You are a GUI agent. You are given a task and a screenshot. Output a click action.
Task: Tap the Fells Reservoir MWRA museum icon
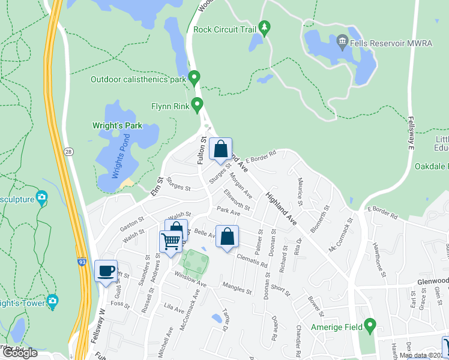(x=342, y=41)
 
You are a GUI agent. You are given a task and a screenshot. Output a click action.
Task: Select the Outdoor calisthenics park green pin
(x=194, y=78)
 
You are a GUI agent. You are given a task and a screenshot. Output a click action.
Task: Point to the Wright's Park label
(x=117, y=126)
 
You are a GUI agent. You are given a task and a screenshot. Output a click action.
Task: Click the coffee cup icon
(x=106, y=271)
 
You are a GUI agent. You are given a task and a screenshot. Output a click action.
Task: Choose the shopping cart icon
(x=171, y=241)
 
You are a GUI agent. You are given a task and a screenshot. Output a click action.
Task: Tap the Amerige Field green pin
(x=370, y=327)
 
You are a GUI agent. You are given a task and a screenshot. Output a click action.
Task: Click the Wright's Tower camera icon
(x=53, y=301)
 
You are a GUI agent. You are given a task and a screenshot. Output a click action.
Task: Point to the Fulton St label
(x=202, y=150)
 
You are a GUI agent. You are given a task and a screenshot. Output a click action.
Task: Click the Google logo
(x=20, y=353)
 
